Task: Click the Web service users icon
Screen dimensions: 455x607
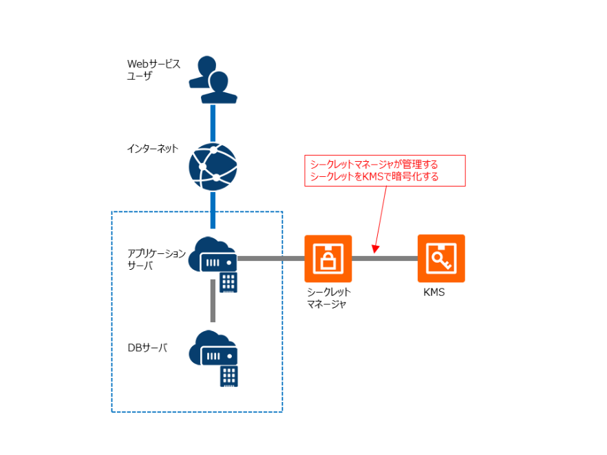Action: point(213,79)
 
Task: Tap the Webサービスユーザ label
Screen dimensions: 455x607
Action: point(153,70)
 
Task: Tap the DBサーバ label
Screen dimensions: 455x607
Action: point(147,348)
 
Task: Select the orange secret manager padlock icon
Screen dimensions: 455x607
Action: point(328,259)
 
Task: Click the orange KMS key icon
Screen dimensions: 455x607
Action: point(441,259)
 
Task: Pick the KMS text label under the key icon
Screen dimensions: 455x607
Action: point(434,293)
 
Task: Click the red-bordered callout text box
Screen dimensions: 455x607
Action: point(385,171)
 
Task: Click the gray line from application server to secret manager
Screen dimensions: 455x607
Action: point(271,259)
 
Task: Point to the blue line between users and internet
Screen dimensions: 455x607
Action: point(213,123)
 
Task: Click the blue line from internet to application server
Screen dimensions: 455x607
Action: point(213,210)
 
